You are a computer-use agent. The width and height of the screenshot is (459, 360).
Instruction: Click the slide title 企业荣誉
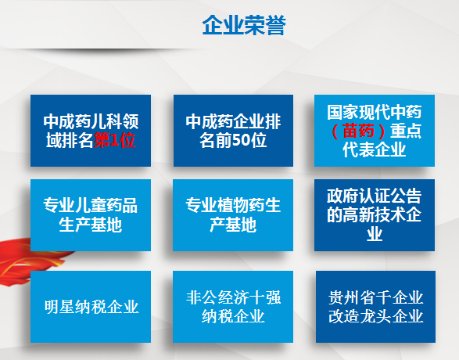click(x=244, y=25)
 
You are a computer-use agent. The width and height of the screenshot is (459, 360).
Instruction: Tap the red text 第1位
click(x=114, y=140)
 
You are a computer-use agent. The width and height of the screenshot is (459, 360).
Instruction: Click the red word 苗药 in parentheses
click(x=358, y=131)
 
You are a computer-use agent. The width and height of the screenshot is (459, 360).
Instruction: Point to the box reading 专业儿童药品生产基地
click(x=91, y=215)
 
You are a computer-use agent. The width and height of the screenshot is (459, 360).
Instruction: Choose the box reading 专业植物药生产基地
click(x=233, y=215)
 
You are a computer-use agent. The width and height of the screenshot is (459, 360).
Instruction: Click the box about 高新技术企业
click(x=375, y=215)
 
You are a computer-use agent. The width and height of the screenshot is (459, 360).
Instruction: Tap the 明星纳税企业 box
click(x=91, y=307)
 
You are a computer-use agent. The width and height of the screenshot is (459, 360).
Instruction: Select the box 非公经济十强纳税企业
click(x=233, y=307)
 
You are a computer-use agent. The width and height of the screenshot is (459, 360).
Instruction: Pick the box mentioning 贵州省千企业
click(x=375, y=307)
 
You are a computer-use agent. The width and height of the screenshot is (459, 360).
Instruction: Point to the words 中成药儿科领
click(x=91, y=121)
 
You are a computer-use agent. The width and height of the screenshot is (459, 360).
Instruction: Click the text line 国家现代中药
click(x=375, y=112)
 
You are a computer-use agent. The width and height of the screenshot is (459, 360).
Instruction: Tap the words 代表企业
click(x=375, y=149)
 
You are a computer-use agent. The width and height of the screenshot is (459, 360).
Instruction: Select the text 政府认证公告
click(x=375, y=196)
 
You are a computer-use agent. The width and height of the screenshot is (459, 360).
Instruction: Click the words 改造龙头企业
click(x=375, y=316)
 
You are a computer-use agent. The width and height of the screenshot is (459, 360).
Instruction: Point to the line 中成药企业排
click(x=233, y=121)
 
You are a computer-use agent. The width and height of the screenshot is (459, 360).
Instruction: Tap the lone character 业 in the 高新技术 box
click(x=375, y=234)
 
